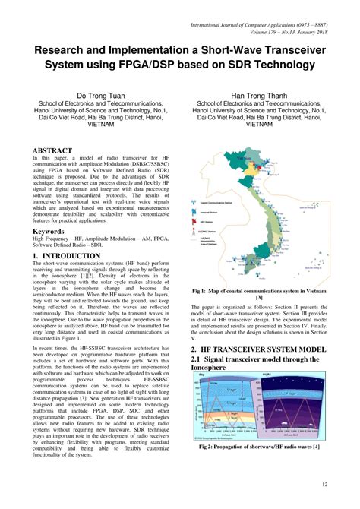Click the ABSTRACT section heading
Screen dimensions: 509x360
click(52, 151)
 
